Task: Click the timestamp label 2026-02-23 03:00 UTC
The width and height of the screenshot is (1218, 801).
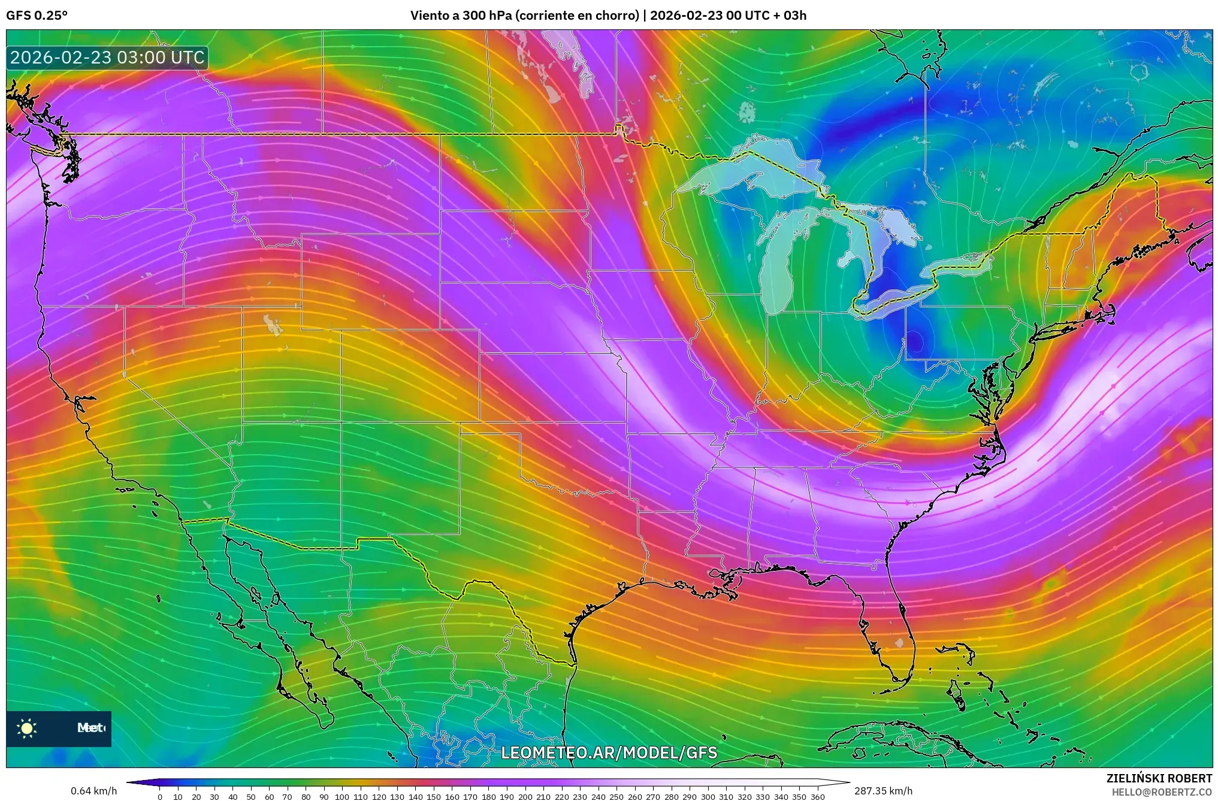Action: point(107,58)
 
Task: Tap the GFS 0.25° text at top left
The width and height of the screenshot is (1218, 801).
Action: point(37,16)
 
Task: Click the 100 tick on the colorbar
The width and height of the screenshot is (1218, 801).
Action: point(342,797)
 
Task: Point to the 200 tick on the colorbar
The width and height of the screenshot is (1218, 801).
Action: point(525,797)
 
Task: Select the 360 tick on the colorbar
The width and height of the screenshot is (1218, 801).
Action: point(818,797)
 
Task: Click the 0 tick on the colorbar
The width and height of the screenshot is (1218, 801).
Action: point(160,797)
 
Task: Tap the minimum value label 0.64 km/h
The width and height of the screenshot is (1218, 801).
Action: point(94,791)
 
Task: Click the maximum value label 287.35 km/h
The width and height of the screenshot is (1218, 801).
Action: point(883,791)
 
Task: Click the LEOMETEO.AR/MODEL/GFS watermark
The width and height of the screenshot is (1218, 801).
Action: point(609,752)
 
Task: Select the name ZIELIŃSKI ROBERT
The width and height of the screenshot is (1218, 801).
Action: point(1159,778)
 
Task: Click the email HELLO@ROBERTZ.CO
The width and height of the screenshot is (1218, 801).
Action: point(1162,792)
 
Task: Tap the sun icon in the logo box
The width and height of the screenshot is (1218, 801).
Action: point(27,728)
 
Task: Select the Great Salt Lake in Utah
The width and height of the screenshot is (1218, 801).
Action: point(273,325)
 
